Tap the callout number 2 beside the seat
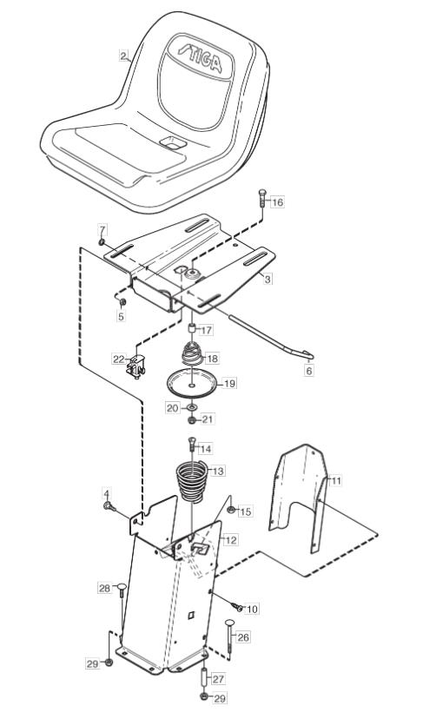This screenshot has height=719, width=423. click(x=123, y=56)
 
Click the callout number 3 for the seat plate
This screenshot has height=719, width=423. click(x=268, y=279)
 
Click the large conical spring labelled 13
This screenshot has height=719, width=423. click(x=192, y=481)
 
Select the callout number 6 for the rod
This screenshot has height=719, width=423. click(x=308, y=371)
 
